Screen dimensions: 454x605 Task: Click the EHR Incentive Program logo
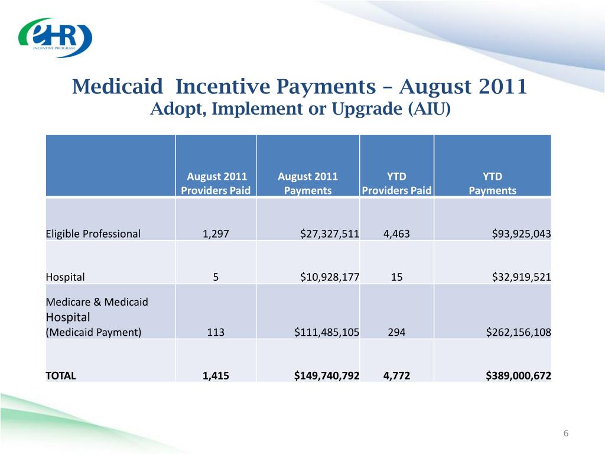[55, 38]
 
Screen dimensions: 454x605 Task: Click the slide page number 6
[565, 434]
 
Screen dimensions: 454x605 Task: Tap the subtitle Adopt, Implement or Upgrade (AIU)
[300, 110]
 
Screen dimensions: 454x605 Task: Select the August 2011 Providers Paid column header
[216, 183]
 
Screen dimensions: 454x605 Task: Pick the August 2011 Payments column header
[307, 183]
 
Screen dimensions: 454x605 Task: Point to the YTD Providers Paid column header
[396, 183]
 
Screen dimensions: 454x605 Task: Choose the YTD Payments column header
[492, 183]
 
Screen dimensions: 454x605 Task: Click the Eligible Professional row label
[93, 234]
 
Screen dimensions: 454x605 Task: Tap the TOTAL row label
[61, 374]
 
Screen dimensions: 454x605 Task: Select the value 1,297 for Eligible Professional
[216, 234]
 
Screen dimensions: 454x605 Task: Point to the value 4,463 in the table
[396, 234]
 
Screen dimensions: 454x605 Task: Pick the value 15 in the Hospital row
[396, 277]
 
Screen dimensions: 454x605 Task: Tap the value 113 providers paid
[216, 332]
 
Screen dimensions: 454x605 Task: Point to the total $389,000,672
[518, 374]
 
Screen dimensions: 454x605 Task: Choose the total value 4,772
[396, 374]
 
